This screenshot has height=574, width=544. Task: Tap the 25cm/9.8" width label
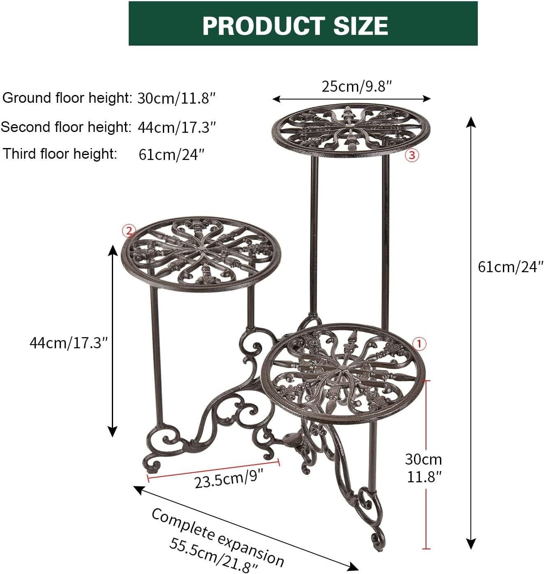click(x=356, y=86)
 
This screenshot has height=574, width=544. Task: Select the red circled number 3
click(x=412, y=155)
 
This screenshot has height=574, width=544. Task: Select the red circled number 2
click(x=129, y=231)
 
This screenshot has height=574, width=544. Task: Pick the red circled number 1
click(x=419, y=344)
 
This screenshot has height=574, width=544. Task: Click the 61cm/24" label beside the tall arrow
click(x=510, y=267)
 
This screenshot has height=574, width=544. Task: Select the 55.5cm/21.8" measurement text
click(x=214, y=555)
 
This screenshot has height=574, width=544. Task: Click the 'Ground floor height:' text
click(x=67, y=98)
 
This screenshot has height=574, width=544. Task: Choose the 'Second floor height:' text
click(x=66, y=127)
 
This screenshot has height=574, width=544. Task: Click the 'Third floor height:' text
click(x=60, y=154)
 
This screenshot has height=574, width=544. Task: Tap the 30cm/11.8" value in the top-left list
click(x=176, y=99)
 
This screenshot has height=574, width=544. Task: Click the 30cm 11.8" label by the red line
click(x=424, y=468)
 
